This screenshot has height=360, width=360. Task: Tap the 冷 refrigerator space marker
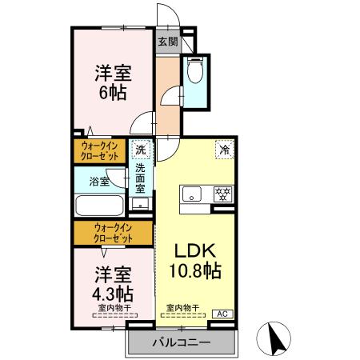(x=226, y=149)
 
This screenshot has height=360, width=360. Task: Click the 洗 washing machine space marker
(x=141, y=150)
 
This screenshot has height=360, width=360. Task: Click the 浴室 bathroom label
(x=99, y=182)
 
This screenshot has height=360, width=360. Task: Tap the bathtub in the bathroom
(x=100, y=206)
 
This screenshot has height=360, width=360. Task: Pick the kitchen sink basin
(x=192, y=194)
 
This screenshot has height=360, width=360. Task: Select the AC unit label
(x=223, y=314)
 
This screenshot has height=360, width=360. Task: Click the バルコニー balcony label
(x=182, y=342)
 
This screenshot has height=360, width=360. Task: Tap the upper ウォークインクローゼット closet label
(x=100, y=150)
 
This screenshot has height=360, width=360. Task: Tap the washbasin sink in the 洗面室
(x=141, y=204)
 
